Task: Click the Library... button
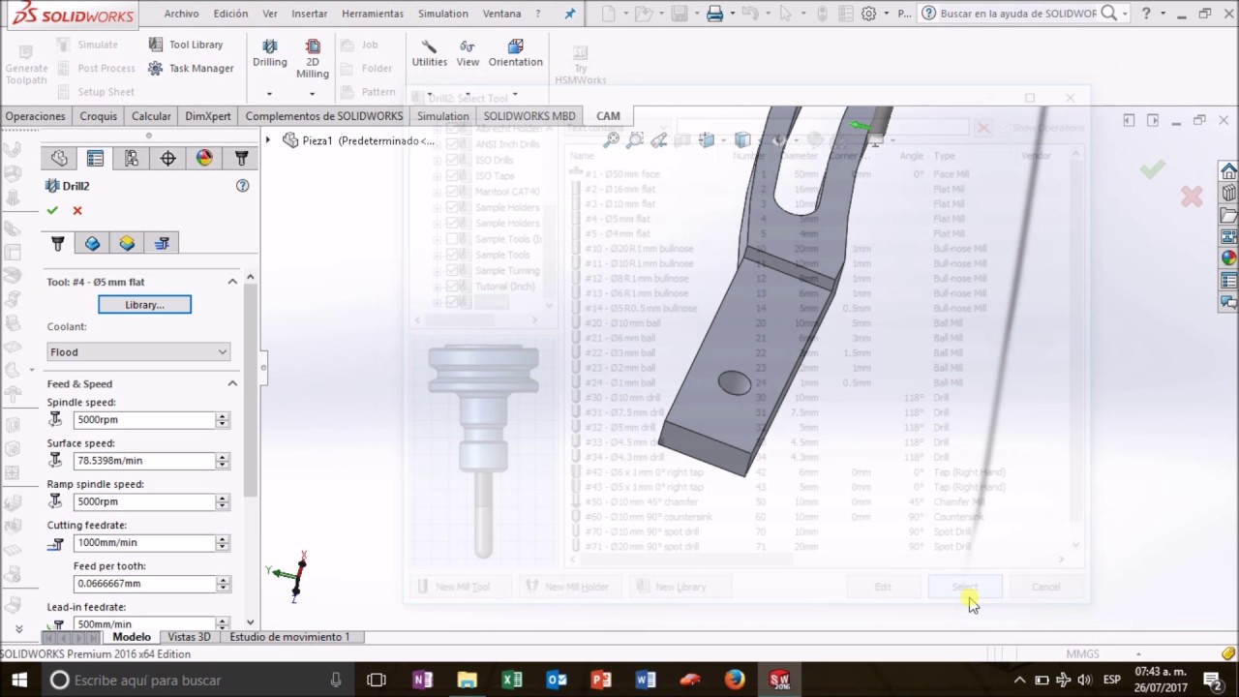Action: click(x=144, y=305)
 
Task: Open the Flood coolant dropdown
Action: click(x=138, y=352)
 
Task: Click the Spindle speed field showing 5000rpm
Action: click(x=144, y=420)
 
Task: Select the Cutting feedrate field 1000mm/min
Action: click(x=144, y=543)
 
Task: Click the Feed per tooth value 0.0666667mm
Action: click(x=144, y=584)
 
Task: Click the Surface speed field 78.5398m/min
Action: click(x=144, y=461)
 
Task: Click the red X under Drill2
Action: click(x=77, y=211)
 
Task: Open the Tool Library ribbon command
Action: click(x=186, y=45)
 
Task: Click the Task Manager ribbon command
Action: click(x=191, y=69)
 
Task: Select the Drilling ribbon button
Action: click(x=270, y=54)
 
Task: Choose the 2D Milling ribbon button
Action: click(x=313, y=58)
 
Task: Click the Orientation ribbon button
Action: click(x=515, y=54)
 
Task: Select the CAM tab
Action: click(x=608, y=116)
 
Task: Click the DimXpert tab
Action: click(x=208, y=116)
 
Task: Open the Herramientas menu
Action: click(x=373, y=14)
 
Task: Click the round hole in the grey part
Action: click(x=735, y=383)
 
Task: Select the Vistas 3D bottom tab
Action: click(x=189, y=637)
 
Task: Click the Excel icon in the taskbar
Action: click(x=512, y=680)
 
